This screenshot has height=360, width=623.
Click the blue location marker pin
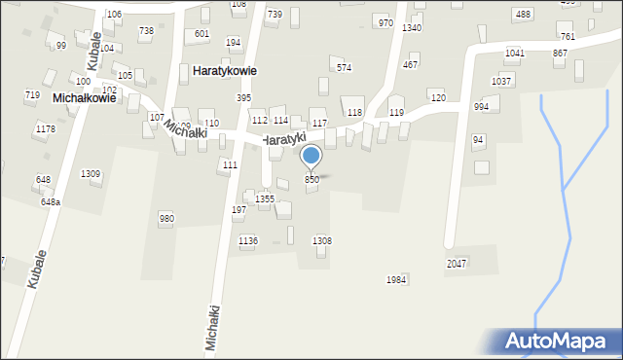[311, 157]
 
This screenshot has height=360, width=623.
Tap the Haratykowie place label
[231, 71]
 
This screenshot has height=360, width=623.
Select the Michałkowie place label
[85, 98]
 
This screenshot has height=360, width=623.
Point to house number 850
[311, 180]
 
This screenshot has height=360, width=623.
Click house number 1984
[395, 279]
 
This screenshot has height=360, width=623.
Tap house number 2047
[457, 264]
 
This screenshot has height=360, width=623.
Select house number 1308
[321, 240]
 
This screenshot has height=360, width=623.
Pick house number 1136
[248, 240]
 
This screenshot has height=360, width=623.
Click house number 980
[166, 219]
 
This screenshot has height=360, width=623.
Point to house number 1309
[91, 173]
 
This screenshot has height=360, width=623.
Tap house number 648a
[51, 202]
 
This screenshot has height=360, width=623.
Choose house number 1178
[45, 129]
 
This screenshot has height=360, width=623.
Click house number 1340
[412, 28]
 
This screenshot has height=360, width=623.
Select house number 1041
[515, 53]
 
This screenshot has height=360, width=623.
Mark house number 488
[523, 15]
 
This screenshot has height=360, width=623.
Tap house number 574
[344, 68]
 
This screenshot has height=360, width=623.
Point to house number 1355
[265, 198]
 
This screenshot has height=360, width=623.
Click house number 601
[202, 34]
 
